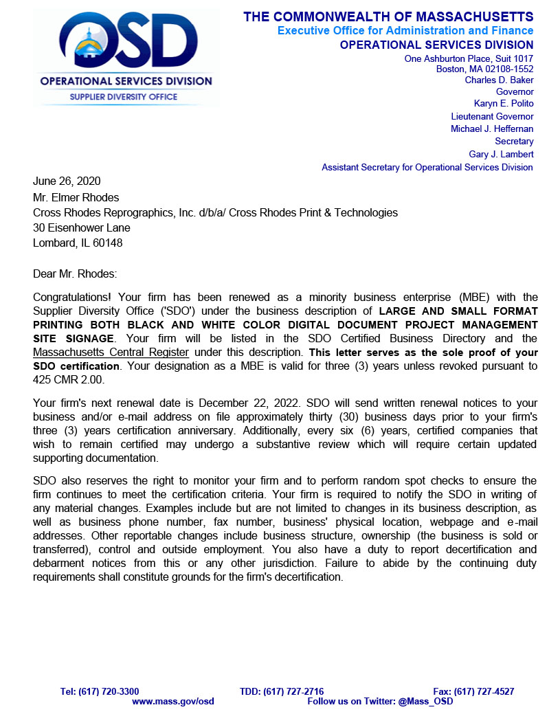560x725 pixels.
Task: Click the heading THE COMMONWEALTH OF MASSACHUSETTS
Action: [388, 16]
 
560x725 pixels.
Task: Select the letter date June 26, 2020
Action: [67, 181]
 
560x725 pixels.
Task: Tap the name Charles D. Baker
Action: [499, 80]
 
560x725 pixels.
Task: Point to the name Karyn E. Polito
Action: [504, 104]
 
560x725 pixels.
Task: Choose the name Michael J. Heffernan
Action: [492, 129]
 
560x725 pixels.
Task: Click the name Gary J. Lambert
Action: [501, 154]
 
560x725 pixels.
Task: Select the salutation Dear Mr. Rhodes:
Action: [75, 274]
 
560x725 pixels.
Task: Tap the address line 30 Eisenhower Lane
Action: [82, 227]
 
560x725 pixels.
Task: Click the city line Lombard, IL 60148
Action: [78, 243]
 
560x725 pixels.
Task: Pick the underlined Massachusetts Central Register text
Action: [111, 353]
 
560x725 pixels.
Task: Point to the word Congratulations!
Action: [74, 298]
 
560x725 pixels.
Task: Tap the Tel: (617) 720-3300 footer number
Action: [100, 691]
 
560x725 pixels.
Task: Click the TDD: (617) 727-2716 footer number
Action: [282, 691]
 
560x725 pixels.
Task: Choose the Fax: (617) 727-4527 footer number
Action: [473, 691]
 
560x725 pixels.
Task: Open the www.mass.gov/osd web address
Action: [173, 702]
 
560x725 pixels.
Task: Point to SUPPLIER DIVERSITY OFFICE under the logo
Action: [124, 97]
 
